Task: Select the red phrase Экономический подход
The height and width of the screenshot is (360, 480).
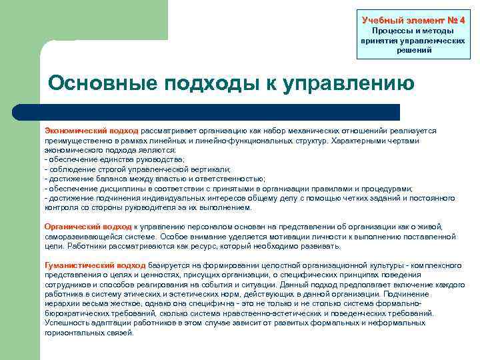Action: point(91,131)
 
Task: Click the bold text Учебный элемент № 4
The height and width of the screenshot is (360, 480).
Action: point(413,20)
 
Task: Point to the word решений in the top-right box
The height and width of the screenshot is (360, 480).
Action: point(413,50)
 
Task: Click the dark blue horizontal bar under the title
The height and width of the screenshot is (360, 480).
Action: point(220,112)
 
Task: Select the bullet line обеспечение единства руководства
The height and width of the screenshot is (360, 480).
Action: point(113,160)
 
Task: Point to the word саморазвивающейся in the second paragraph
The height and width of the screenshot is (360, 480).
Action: point(79,237)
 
